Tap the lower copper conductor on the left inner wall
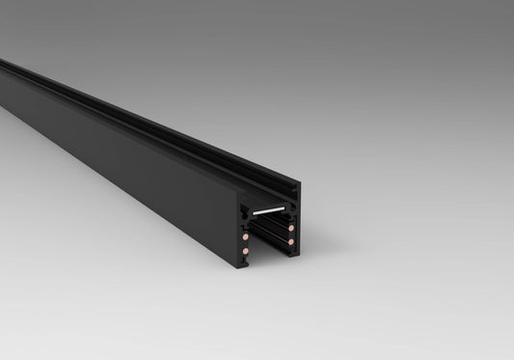[246, 252]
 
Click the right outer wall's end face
[296, 236]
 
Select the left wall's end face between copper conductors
[244, 243]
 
